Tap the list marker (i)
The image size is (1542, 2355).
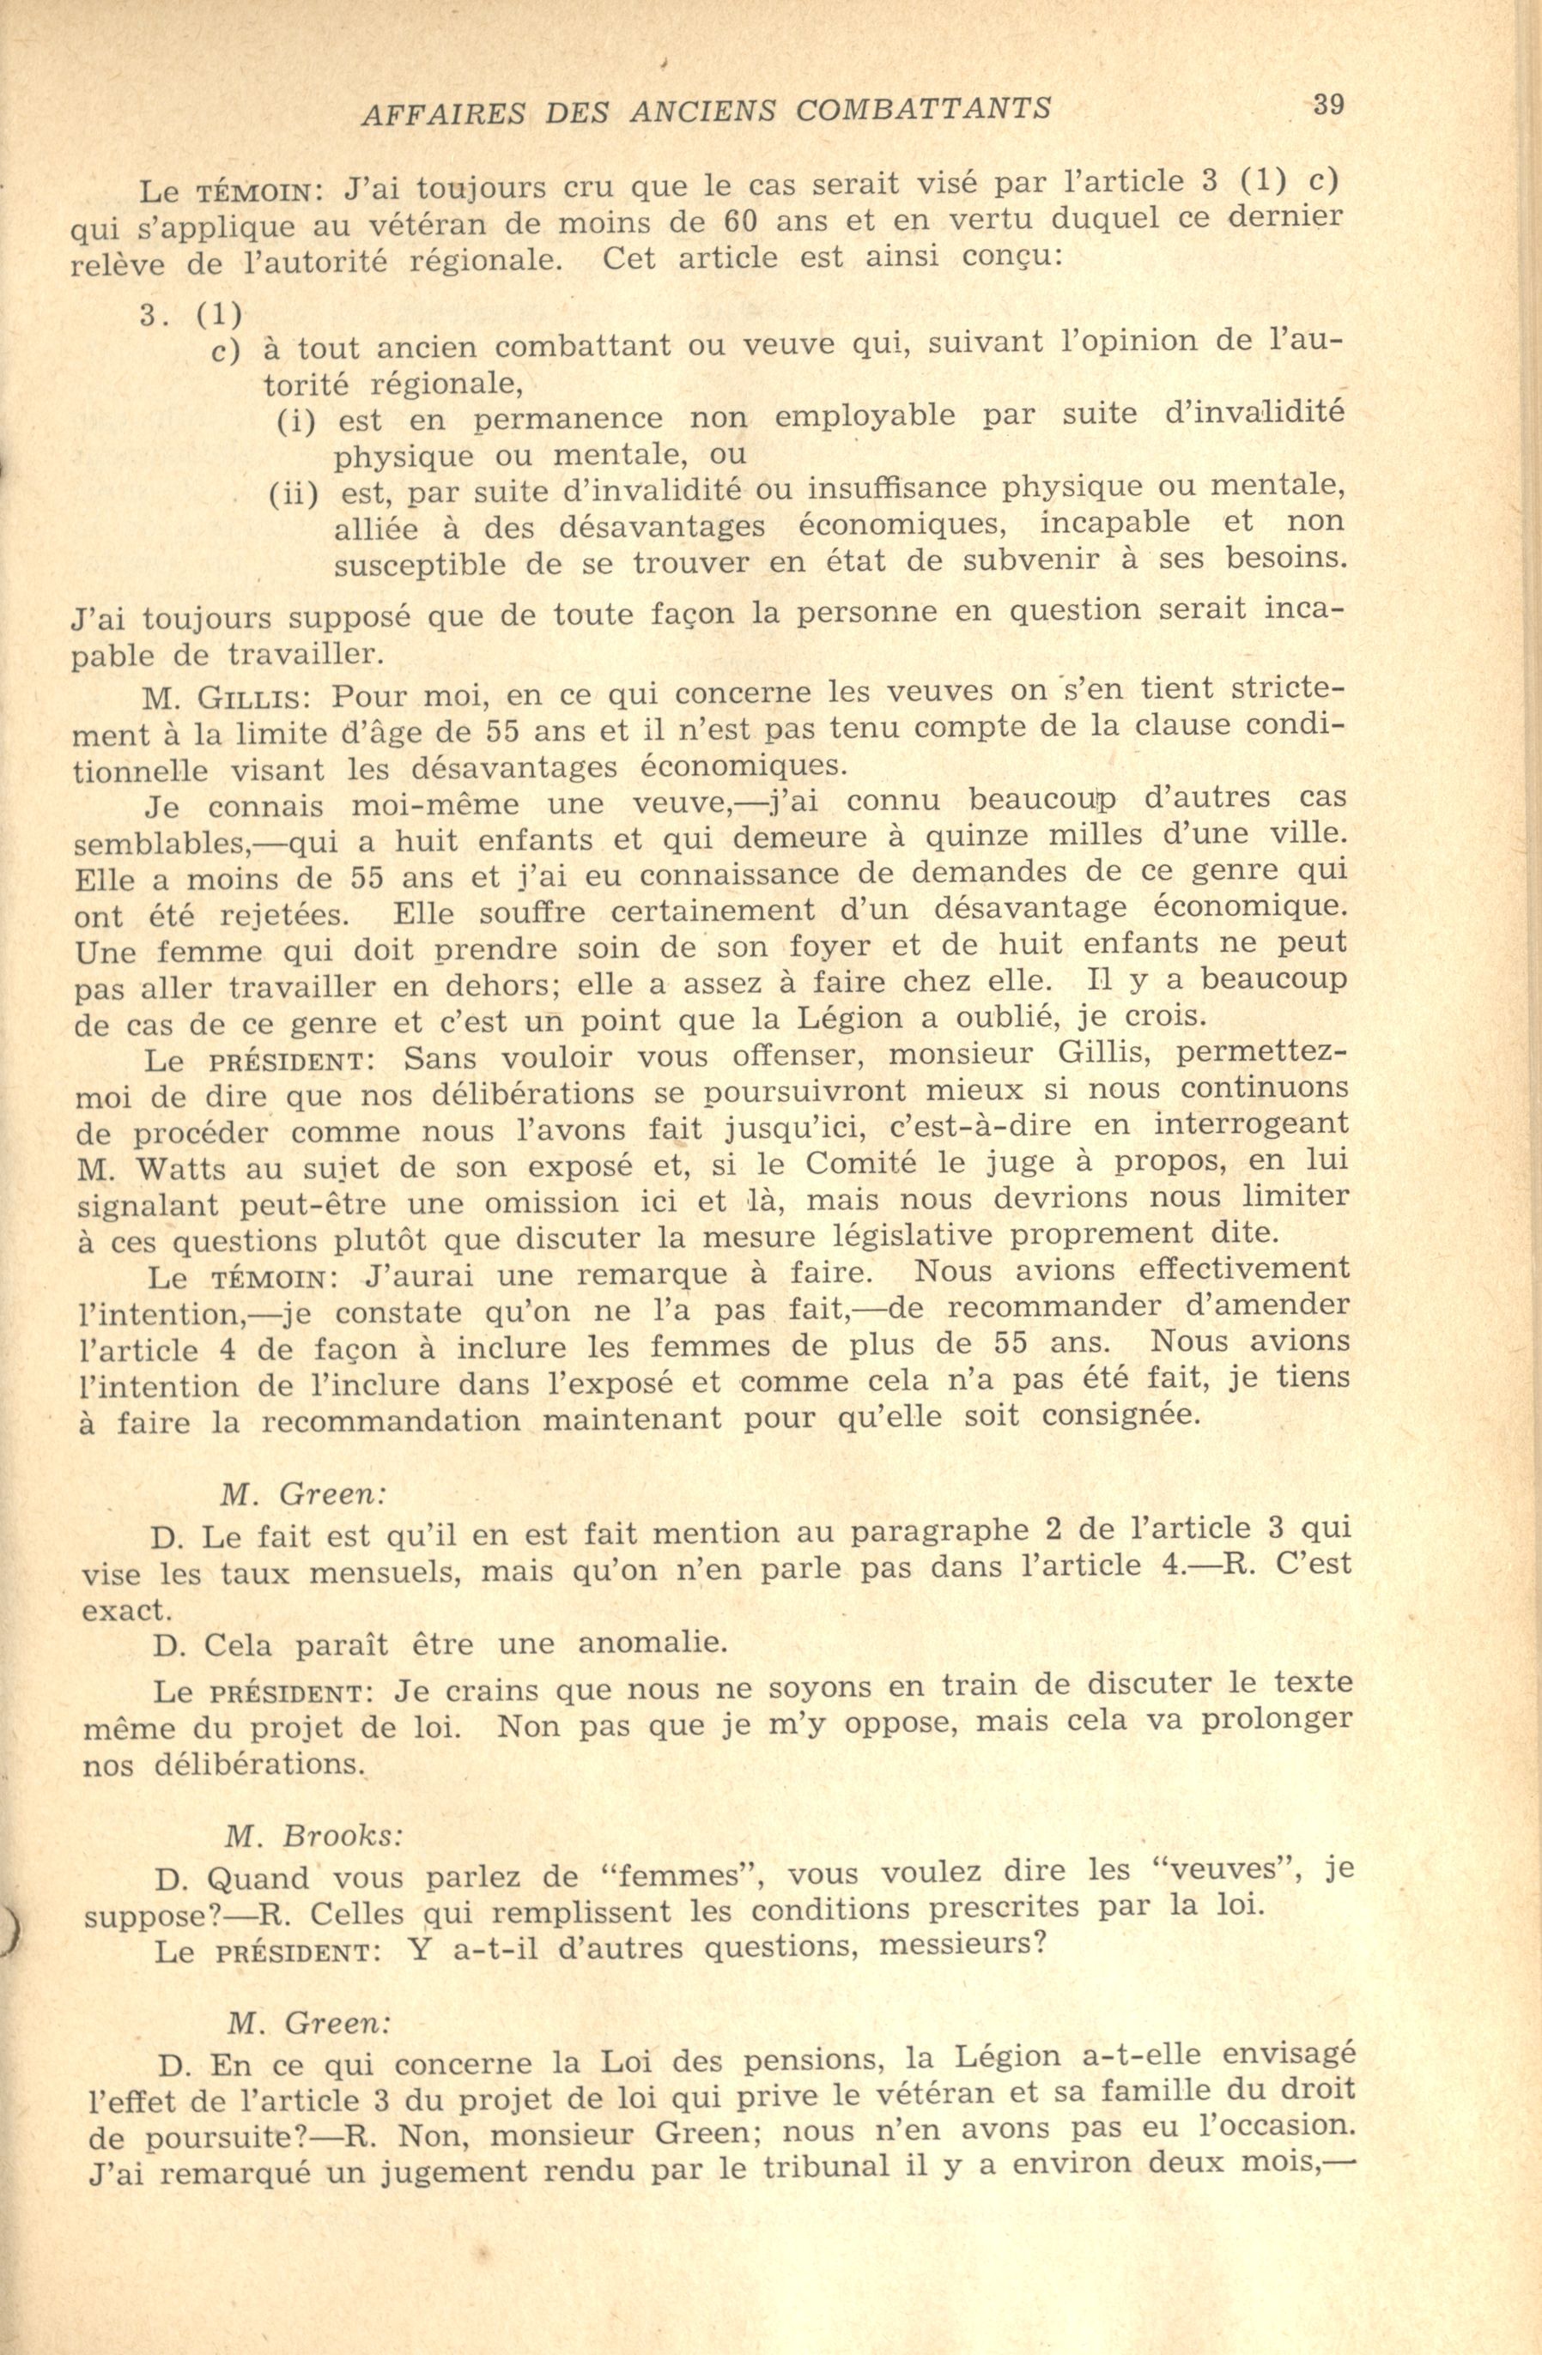coord(295,421)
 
